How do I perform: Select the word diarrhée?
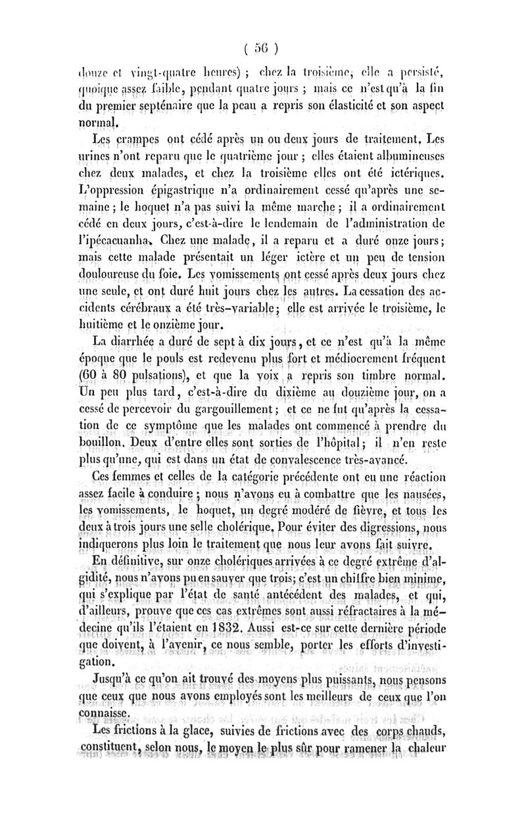click(143, 340)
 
